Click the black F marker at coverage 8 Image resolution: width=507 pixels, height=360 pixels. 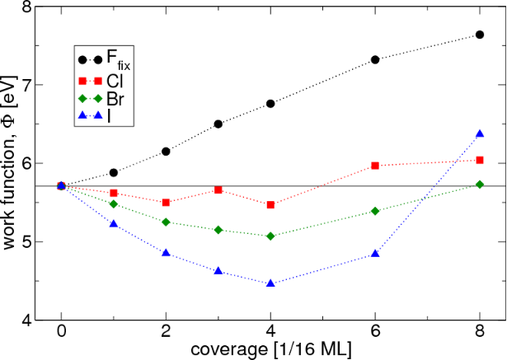point(479,35)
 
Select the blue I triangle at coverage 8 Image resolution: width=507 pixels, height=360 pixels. point(479,133)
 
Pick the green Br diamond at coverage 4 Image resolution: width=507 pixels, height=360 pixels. point(270,236)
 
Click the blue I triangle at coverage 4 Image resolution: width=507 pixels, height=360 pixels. point(270,283)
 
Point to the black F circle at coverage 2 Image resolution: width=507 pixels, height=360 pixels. point(166,152)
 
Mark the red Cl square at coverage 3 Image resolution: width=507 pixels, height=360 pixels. point(218,189)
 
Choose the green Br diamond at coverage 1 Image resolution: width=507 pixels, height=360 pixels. point(114,203)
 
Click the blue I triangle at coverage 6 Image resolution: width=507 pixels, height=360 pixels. point(375,254)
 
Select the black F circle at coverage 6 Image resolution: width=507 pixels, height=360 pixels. point(375,59)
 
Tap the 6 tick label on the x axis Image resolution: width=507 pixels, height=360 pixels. point(375,335)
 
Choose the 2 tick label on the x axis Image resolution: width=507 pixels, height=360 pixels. point(166,335)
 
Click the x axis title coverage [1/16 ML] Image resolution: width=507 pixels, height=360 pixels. point(271,351)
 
